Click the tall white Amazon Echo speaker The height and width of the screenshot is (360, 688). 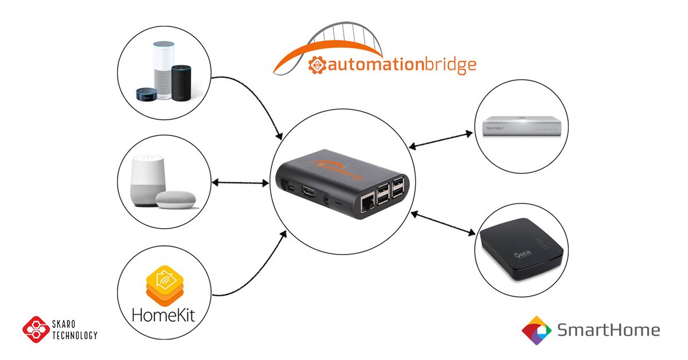(163, 69)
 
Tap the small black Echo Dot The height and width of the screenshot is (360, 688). (146, 95)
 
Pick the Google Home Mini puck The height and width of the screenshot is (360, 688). (176, 199)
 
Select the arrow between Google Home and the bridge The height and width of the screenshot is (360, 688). (240, 183)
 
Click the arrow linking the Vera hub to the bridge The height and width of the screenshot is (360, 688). (443, 222)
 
